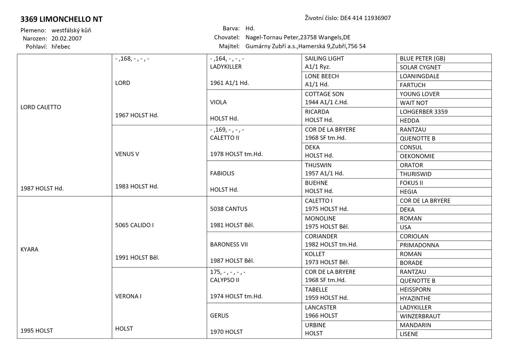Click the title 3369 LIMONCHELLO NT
coord(61,19)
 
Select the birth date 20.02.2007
coord(67,38)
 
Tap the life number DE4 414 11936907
coord(365,18)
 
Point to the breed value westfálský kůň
coord(71,30)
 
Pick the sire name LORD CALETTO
coord(41,107)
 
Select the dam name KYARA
coord(29,249)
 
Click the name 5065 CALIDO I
coord(134,225)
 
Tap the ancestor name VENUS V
coord(127,154)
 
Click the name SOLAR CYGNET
coord(420,67)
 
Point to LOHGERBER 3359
coord(424,112)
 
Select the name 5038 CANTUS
coord(229,209)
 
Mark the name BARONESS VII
coord(229,244)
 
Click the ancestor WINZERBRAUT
coord(420,316)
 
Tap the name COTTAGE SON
coord(324,94)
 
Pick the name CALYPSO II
coord(224,280)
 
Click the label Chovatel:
coord(227,37)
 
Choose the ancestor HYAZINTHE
coord(415,298)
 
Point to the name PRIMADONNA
coord(419,245)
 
